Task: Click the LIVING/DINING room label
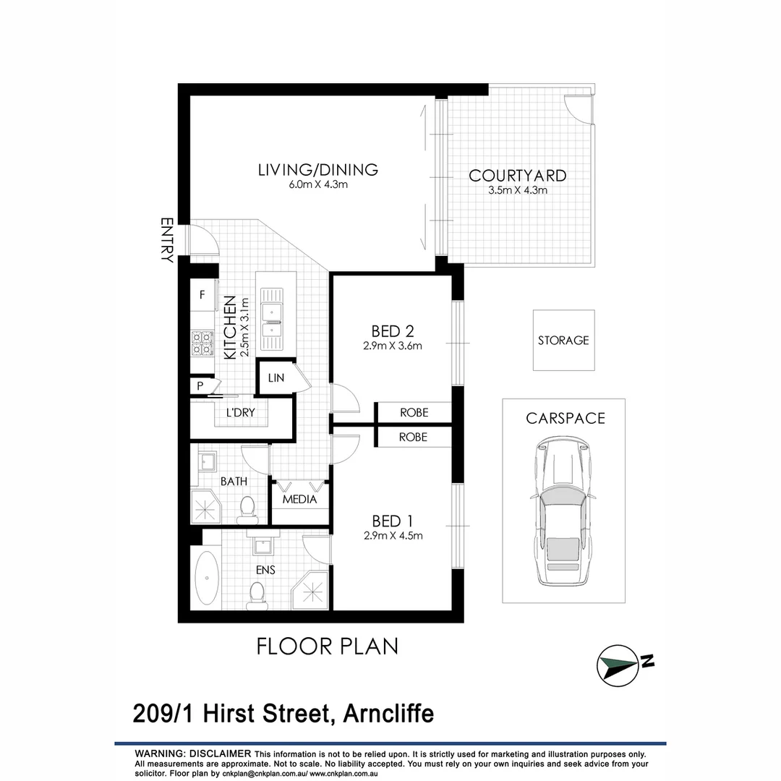[x=318, y=170]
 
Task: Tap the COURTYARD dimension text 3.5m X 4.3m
[x=517, y=190]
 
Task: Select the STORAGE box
[x=563, y=340]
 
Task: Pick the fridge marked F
[x=202, y=294]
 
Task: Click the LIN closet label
[x=276, y=378]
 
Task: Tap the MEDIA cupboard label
[x=299, y=499]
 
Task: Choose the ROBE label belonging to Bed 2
[x=414, y=412]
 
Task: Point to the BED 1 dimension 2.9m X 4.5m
[x=393, y=536]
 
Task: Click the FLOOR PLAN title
[x=328, y=646]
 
